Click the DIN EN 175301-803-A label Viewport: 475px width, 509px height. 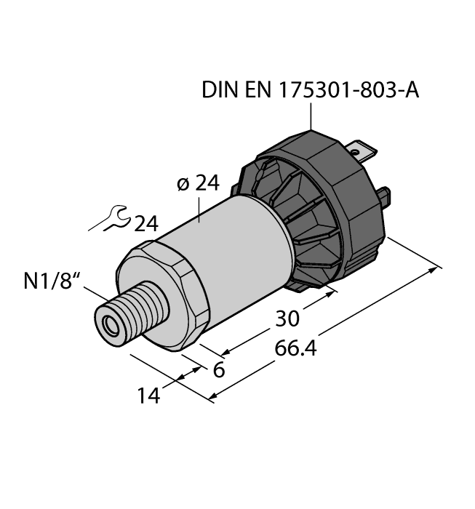point(311,91)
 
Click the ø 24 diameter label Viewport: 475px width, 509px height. point(196,184)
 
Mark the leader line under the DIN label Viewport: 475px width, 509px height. point(311,116)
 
